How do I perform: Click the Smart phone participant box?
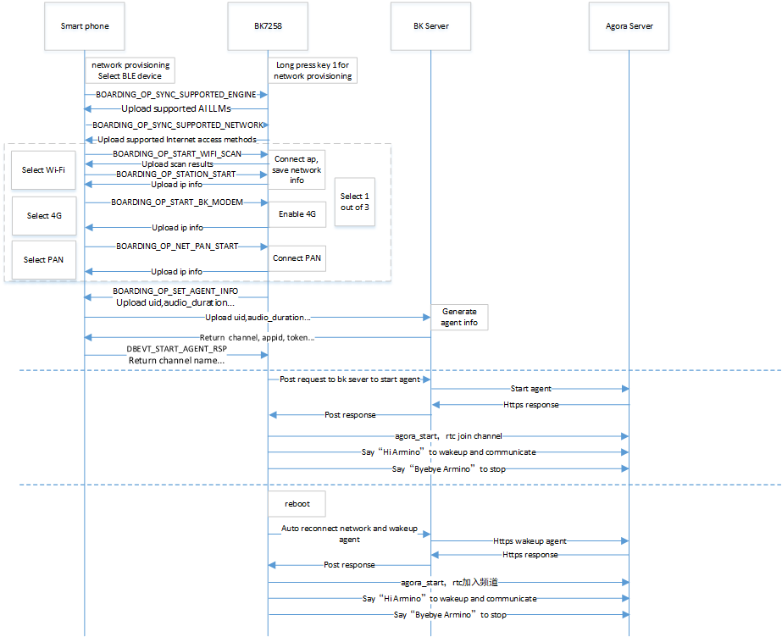pyautogui.click(x=85, y=26)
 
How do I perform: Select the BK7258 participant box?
pyautogui.click(x=268, y=26)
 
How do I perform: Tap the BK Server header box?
pyautogui.click(x=430, y=26)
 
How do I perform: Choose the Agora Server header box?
pyautogui.click(x=629, y=26)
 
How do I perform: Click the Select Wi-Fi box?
pyautogui.click(x=43, y=170)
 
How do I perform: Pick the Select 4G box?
pyautogui.click(x=43, y=216)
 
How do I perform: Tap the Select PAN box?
pyautogui.click(x=43, y=259)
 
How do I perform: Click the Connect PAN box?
pyautogui.click(x=297, y=258)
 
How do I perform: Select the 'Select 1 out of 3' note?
pyautogui.click(x=354, y=202)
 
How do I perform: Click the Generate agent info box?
pyautogui.click(x=458, y=317)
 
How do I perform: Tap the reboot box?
pyautogui.click(x=297, y=503)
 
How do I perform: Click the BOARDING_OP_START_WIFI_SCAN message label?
pyautogui.click(x=176, y=154)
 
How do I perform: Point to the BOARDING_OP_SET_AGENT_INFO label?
pyautogui.click(x=175, y=291)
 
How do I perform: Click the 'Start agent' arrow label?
pyautogui.click(x=530, y=389)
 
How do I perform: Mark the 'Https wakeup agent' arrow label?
pyautogui.click(x=530, y=540)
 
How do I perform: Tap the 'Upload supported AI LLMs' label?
pyautogui.click(x=175, y=109)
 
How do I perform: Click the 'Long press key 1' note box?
pyautogui.click(x=313, y=70)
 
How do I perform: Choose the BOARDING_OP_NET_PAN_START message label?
pyautogui.click(x=177, y=246)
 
